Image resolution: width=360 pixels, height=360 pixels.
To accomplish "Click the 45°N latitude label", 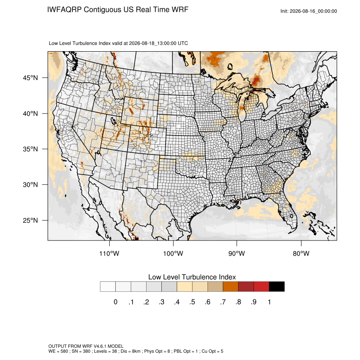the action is (x=30, y=78).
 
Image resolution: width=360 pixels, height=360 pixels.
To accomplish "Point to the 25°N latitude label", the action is (x=30, y=220).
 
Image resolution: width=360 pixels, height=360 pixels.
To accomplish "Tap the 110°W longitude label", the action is (x=109, y=253).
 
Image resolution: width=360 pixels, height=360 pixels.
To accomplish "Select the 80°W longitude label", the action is (x=301, y=253).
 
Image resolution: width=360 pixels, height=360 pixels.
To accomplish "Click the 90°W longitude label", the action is (x=236, y=253).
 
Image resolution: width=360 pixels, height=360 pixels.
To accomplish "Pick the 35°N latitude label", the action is (x=30, y=149).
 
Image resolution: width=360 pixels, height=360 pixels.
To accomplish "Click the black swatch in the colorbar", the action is (x=277, y=287).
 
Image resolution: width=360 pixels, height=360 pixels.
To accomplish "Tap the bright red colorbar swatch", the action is (x=261, y=287).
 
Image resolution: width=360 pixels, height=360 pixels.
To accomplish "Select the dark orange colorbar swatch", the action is (x=230, y=287).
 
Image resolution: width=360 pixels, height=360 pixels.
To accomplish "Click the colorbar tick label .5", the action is (x=192, y=302).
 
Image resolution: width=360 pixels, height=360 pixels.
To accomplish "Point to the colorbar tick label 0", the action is (x=116, y=302).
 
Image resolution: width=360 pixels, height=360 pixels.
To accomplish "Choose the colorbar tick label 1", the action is (x=269, y=302).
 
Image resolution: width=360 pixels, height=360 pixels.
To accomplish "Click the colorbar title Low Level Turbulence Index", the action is (x=192, y=277).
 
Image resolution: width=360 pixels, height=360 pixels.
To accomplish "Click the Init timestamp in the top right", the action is (x=309, y=11).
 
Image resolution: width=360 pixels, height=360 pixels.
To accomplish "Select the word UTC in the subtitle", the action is (x=183, y=43).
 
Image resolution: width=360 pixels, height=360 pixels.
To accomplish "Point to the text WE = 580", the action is (x=58, y=351).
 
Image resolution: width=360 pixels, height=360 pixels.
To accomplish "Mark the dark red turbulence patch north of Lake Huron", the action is (x=256, y=80).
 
